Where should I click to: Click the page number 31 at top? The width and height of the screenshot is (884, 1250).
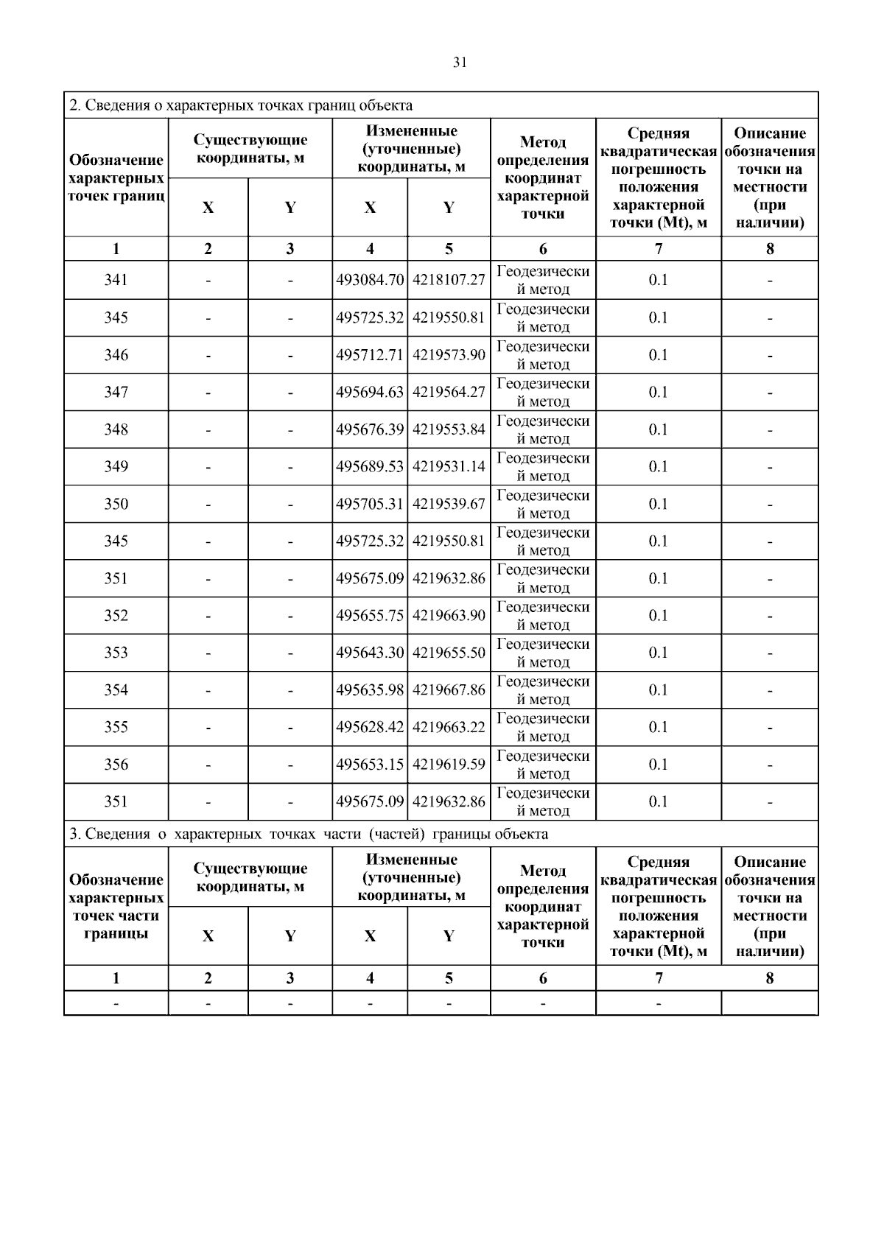(459, 63)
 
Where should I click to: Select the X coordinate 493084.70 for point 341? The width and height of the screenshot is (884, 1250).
(370, 280)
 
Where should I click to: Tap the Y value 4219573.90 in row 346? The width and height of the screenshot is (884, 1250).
(449, 355)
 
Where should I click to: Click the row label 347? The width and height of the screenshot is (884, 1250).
(116, 392)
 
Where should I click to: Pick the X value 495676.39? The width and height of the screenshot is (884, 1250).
(370, 429)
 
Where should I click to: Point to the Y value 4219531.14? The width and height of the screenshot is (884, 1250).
(449, 466)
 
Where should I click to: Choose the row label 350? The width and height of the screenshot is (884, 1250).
(116, 504)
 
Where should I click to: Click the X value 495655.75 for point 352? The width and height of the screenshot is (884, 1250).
(370, 615)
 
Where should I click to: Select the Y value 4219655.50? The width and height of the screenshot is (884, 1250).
(449, 653)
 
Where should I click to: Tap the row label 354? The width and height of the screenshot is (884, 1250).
(116, 689)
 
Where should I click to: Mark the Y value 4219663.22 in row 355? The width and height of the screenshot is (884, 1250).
(449, 727)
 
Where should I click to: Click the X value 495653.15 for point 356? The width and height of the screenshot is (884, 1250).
(370, 765)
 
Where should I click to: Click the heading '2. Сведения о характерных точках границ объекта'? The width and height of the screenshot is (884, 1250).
(241, 105)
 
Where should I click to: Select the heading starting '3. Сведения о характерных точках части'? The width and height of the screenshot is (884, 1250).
(309, 834)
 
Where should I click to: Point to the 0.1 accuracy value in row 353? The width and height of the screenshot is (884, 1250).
(658, 653)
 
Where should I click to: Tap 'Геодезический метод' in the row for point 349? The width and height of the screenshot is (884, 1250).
(543, 466)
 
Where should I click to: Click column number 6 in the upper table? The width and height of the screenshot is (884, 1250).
(543, 249)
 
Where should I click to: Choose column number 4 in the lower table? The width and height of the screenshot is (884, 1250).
(370, 978)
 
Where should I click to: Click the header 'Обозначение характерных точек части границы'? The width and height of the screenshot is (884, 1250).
(116, 907)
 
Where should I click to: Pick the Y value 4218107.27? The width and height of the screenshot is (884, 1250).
(449, 280)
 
